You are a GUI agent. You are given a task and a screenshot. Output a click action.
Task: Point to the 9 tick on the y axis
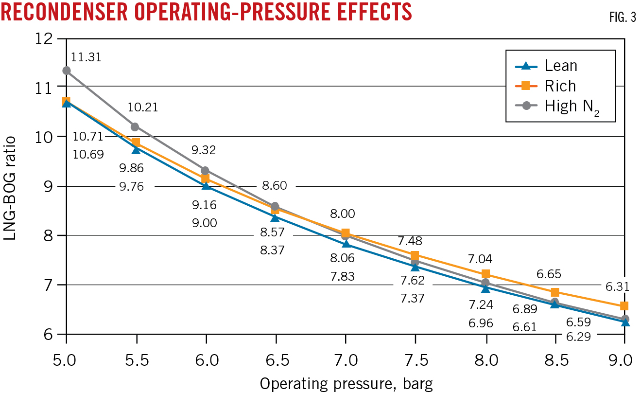[x=47, y=187]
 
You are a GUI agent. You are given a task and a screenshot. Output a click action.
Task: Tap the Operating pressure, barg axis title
[x=346, y=383]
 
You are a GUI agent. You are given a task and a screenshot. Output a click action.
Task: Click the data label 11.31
[x=87, y=57]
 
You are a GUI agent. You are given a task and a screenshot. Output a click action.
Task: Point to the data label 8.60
[x=275, y=186]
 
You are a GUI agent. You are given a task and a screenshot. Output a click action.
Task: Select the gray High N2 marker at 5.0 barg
[x=67, y=71]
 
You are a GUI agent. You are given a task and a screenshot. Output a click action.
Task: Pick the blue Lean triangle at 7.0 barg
[x=346, y=244]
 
